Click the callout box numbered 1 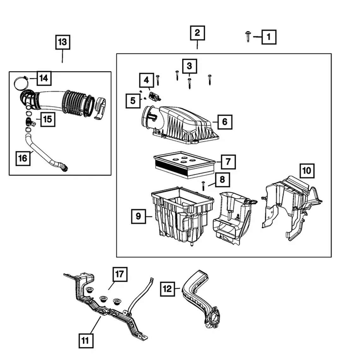pos(268,37)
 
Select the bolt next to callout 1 pos(248,36)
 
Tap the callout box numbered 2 pos(197,33)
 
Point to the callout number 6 pos(225,122)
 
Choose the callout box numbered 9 pos(138,216)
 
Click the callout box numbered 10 pos(307,171)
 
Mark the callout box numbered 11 pos(85,340)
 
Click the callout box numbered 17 pos(119,274)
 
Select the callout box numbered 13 pos(62,42)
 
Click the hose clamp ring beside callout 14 pos(21,83)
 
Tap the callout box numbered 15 pos(47,119)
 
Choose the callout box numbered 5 pos(133,101)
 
